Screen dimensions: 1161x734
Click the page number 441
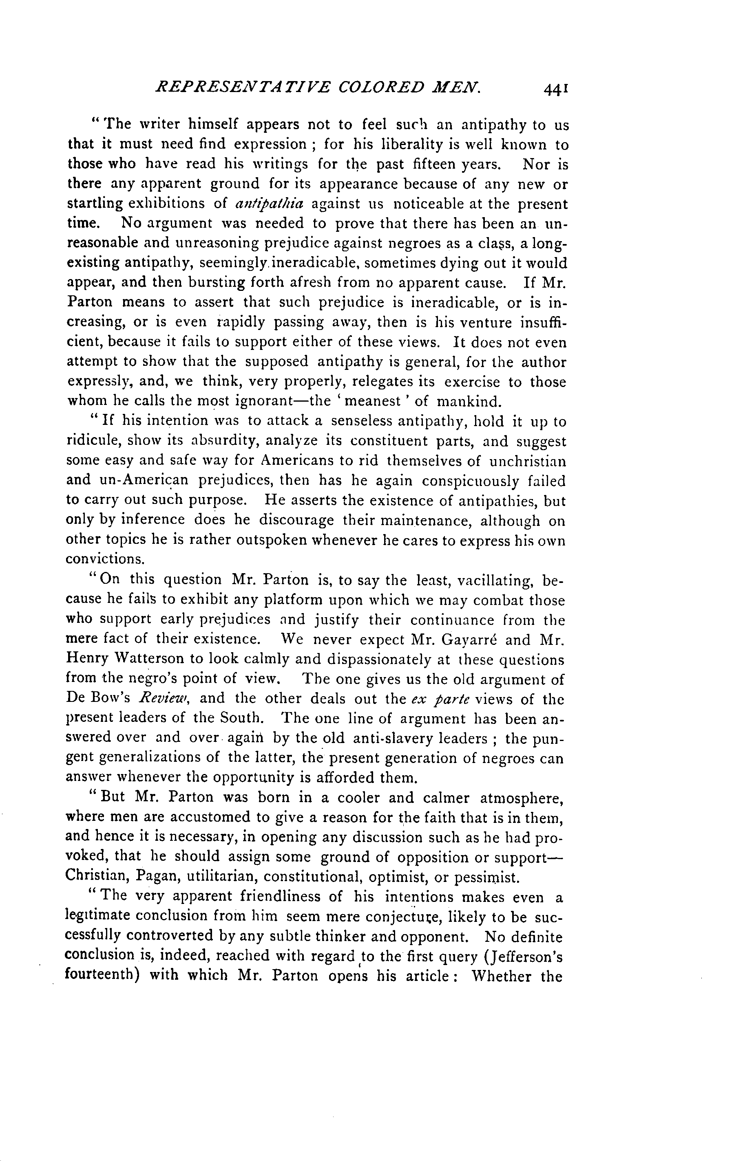(555, 89)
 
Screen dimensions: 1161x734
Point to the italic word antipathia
(269, 204)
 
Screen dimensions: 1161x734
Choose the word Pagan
(155, 876)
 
